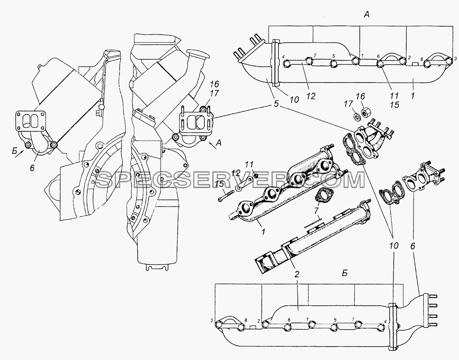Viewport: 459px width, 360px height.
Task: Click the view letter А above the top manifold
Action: pyautogui.click(x=366, y=15)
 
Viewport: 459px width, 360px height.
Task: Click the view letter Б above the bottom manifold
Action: pyautogui.click(x=345, y=273)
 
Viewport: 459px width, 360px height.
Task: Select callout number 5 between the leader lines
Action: pyautogui.click(x=276, y=104)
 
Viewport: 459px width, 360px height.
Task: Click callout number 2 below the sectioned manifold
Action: pyautogui.click(x=297, y=274)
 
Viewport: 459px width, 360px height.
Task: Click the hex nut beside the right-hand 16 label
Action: pyautogui.click(x=366, y=112)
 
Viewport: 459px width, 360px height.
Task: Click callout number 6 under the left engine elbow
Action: pyautogui.click(x=32, y=168)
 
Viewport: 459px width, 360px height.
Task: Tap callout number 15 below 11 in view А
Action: pyautogui.click(x=395, y=105)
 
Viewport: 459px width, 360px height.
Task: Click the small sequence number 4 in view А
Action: pyautogui.click(x=283, y=56)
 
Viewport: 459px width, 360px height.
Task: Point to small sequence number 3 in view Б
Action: pyautogui.click(x=211, y=320)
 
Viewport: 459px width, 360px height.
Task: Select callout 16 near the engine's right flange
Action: pyautogui.click(x=214, y=84)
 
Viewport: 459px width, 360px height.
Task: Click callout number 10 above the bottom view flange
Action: pyautogui.click(x=394, y=246)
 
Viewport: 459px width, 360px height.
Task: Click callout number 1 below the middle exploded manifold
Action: pyautogui.click(x=263, y=232)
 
